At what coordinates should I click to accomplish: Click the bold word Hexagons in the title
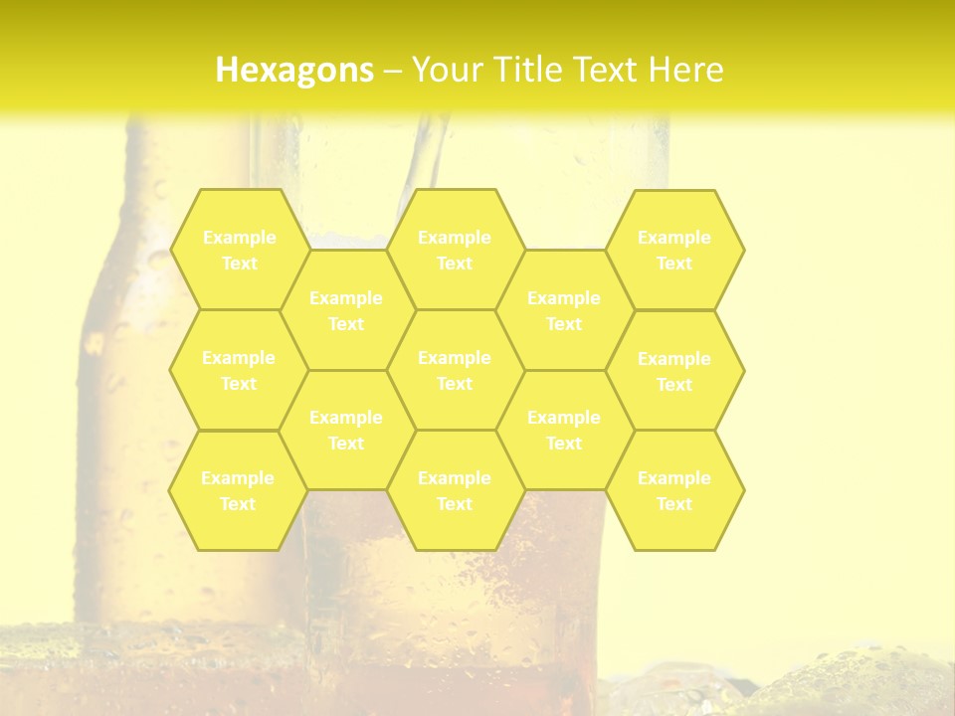point(294,70)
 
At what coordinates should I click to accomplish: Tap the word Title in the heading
point(531,70)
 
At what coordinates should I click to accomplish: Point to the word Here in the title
point(685,70)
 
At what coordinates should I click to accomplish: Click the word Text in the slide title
point(608,70)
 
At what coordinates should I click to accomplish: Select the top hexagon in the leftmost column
point(239,250)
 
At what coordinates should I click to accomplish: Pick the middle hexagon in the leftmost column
point(239,370)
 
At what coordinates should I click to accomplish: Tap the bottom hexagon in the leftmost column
point(238,490)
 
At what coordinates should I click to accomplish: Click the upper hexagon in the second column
point(346,310)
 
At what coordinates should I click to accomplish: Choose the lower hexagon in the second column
point(346,430)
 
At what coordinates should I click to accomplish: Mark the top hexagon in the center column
point(455,250)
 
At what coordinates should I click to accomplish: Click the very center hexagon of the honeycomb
point(455,370)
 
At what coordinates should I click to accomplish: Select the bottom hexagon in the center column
point(455,490)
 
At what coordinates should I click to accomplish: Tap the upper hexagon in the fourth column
point(564,310)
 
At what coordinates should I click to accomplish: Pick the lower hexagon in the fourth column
point(564,430)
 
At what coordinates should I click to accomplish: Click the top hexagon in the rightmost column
point(674,250)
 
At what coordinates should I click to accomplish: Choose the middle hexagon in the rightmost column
point(674,371)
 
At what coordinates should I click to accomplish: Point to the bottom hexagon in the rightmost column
point(674,490)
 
